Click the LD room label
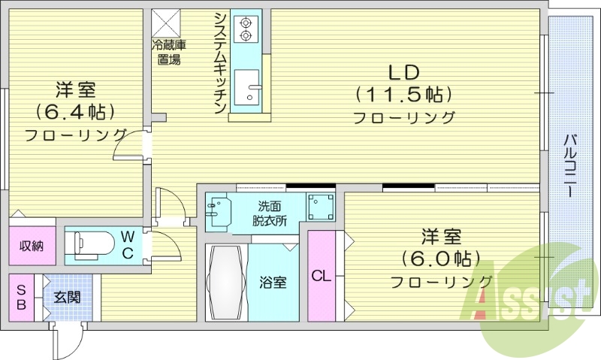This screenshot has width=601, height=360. [404, 72]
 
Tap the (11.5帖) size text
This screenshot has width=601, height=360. [404, 95]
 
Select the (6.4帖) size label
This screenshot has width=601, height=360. [75, 112]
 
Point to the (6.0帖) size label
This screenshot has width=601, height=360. [440, 259]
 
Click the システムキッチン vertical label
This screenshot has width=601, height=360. [220, 63]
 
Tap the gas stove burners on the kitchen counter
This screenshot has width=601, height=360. [246, 28]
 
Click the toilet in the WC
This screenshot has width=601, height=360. [86, 245]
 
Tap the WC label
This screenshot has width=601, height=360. [128, 245]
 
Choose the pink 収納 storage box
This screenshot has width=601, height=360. [32, 245]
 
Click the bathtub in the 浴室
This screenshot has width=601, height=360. [225, 282]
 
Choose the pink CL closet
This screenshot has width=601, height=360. [321, 276]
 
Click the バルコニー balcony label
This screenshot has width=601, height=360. [570, 165]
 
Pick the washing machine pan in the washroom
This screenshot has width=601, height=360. [321, 206]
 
